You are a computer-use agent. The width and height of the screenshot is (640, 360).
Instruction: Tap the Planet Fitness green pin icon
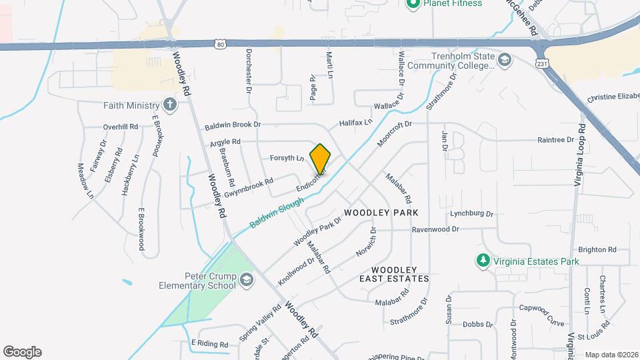click(x=413, y=3)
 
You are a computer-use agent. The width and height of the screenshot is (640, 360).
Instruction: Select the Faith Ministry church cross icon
click(x=170, y=105)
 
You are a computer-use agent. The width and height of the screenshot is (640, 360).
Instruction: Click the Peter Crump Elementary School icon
click(x=247, y=279)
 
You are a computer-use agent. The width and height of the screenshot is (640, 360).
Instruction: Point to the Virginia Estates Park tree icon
click(x=483, y=259)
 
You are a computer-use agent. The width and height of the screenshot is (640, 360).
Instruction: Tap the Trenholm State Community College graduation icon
click(x=505, y=62)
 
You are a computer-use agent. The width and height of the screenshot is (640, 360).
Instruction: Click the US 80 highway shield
click(x=221, y=45)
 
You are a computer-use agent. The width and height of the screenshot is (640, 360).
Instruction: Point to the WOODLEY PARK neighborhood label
click(x=381, y=213)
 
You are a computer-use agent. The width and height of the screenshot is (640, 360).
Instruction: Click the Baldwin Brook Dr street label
click(x=233, y=125)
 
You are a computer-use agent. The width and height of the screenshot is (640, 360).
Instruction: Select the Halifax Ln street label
click(x=355, y=123)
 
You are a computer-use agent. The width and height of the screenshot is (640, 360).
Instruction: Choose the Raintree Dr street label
click(x=556, y=140)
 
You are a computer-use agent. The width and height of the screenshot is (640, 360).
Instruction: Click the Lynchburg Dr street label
click(x=471, y=214)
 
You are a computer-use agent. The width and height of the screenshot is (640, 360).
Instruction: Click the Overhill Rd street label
click(x=120, y=127)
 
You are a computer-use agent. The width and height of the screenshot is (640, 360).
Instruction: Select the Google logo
click(x=22, y=352)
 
